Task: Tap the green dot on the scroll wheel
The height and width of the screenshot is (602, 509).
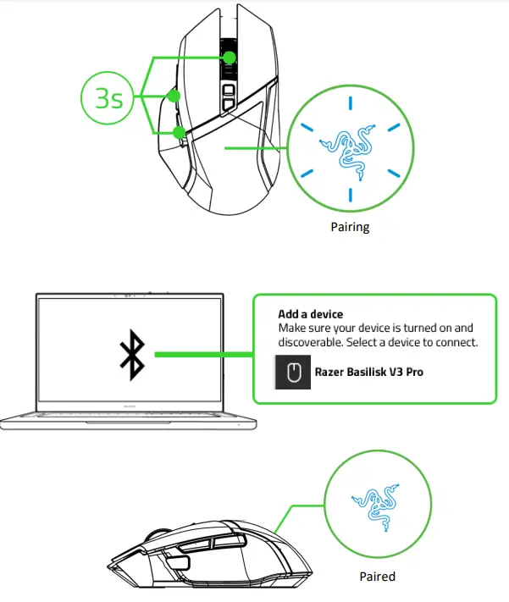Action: point(230,58)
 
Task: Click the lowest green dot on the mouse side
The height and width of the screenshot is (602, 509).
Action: point(180,132)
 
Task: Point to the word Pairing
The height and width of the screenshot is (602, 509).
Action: point(350,227)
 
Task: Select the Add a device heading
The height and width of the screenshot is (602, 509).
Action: point(310,314)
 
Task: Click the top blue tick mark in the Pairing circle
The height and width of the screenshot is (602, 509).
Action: point(348,102)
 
